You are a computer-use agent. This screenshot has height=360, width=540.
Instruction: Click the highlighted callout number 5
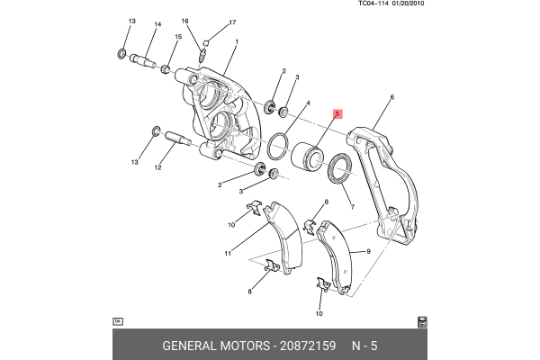[x=337, y=114]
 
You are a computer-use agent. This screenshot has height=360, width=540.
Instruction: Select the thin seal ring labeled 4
[x=279, y=143]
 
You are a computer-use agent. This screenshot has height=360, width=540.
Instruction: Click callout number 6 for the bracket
[x=392, y=97]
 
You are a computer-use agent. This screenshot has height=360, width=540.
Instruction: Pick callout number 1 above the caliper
[x=236, y=42]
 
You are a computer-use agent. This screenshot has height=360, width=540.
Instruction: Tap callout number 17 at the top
[x=231, y=22]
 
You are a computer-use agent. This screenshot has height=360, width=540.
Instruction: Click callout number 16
[x=184, y=22]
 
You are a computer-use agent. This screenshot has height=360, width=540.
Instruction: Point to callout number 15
[x=178, y=37]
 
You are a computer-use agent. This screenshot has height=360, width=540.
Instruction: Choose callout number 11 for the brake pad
[x=228, y=254]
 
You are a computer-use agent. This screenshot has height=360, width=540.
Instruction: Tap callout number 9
[x=368, y=253]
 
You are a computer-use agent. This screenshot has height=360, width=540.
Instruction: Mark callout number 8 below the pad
[x=249, y=292]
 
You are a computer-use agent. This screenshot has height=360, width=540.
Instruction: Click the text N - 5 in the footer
[x=364, y=346]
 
